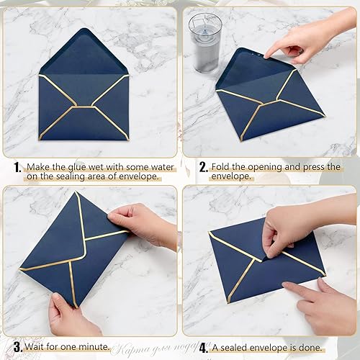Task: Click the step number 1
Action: tap(15, 167)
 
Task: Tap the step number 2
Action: tap(204, 167)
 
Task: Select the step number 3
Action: tap(16, 347)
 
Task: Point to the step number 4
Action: tap(204, 347)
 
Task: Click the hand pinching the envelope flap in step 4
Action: tap(288, 230)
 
